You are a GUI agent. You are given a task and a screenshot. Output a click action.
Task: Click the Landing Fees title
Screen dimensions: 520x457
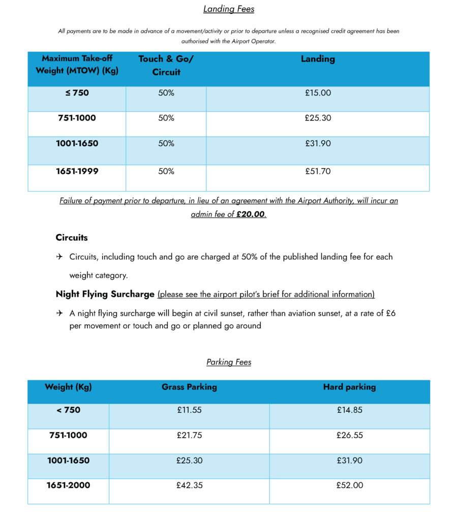click(229, 9)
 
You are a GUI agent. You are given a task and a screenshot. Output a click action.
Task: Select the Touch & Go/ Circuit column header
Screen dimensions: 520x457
click(166, 66)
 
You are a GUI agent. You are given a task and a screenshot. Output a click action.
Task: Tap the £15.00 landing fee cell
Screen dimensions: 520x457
click(318, 93)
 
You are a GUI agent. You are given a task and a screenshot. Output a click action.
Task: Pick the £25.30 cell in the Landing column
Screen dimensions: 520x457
click(318, 118)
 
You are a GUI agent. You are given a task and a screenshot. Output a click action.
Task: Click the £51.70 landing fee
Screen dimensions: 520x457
click(318, 172)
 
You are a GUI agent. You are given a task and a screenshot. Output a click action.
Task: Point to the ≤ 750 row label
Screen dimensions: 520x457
click(77, 93)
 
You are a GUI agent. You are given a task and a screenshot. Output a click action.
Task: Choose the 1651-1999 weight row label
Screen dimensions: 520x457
click(77, 172)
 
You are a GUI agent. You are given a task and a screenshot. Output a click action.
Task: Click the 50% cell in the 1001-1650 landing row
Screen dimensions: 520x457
click(166, 144)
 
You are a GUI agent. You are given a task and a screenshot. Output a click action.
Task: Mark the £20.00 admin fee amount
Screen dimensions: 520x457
click(251, 214)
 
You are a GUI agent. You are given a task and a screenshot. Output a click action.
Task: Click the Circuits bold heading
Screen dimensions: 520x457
click(72, 238)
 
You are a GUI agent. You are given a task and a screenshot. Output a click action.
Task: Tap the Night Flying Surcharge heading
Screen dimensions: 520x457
click(105, 294)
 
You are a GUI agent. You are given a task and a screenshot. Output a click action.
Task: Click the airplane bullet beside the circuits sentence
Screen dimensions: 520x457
click(59, 257)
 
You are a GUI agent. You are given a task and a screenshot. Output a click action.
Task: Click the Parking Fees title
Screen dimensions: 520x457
click(229, 362)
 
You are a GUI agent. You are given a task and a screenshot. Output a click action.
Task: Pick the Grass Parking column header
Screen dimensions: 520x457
click(189, 387)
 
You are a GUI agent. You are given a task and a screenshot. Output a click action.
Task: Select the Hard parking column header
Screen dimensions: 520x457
click(349, 387)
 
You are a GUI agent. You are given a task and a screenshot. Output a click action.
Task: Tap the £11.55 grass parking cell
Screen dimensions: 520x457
click(189, 410)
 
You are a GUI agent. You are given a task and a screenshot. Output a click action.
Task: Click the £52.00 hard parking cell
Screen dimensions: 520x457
click(350, 485)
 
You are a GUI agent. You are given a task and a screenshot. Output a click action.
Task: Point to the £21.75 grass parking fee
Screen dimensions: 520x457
click(189, 435)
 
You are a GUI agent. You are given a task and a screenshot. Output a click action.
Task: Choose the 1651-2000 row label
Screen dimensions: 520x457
click(68, 485)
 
